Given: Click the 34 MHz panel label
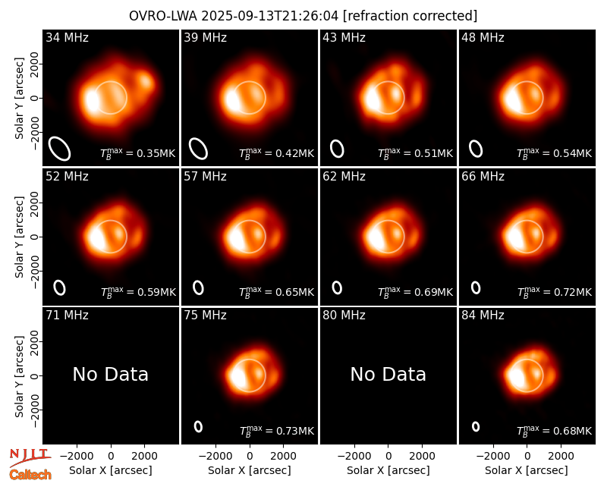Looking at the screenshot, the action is (x=67, y=37).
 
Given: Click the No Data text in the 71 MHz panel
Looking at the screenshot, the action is (x=110, y=374).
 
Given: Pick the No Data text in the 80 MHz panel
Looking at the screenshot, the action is (x=388, y=374).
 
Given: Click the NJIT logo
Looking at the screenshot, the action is (x=30, y=457).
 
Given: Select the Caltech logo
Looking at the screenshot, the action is (x=30, y=475).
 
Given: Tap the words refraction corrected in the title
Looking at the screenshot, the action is (x=410, y=16).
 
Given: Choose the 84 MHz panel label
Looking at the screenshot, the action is (x=483, y=315).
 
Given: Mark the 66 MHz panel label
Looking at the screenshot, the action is (x=483, y=177).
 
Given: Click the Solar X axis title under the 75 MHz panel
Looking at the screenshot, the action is (x=250, y=470).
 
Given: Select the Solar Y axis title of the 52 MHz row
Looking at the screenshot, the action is (x=20, y=237).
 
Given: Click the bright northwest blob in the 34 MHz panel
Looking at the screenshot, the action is (x=146, y=81).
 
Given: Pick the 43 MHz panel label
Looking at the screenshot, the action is (x=344, y=37).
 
